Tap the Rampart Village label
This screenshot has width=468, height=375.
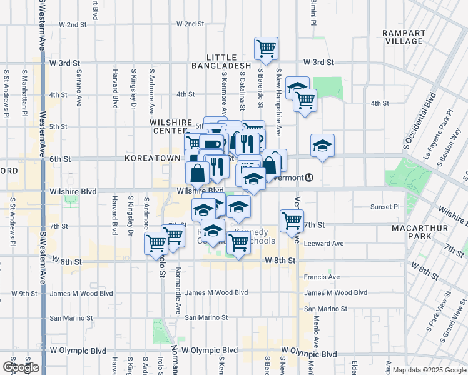(404, 36)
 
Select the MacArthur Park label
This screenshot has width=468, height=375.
(420, 232)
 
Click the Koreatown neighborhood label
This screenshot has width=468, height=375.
(153, 159)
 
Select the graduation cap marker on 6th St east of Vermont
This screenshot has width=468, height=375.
(322, 146)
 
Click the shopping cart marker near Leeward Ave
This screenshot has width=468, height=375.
(292, 221)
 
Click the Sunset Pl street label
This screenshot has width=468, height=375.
(385, 207)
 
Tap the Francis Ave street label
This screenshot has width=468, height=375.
(322, 277)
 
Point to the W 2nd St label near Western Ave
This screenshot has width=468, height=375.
(73, 25)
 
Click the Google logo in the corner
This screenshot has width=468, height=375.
(21, 367)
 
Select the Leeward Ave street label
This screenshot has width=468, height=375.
(324, 244)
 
